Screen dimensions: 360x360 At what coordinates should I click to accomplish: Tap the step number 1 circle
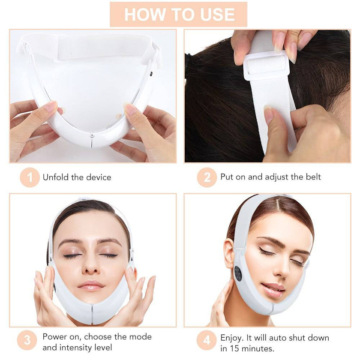[x=30, y=177]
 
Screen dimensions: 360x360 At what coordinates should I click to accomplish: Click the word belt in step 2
[x=313, y=177]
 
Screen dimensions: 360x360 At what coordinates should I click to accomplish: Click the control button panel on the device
[x=238, y=273]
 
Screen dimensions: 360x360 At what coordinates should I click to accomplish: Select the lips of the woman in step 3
[x=90, y=285]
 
